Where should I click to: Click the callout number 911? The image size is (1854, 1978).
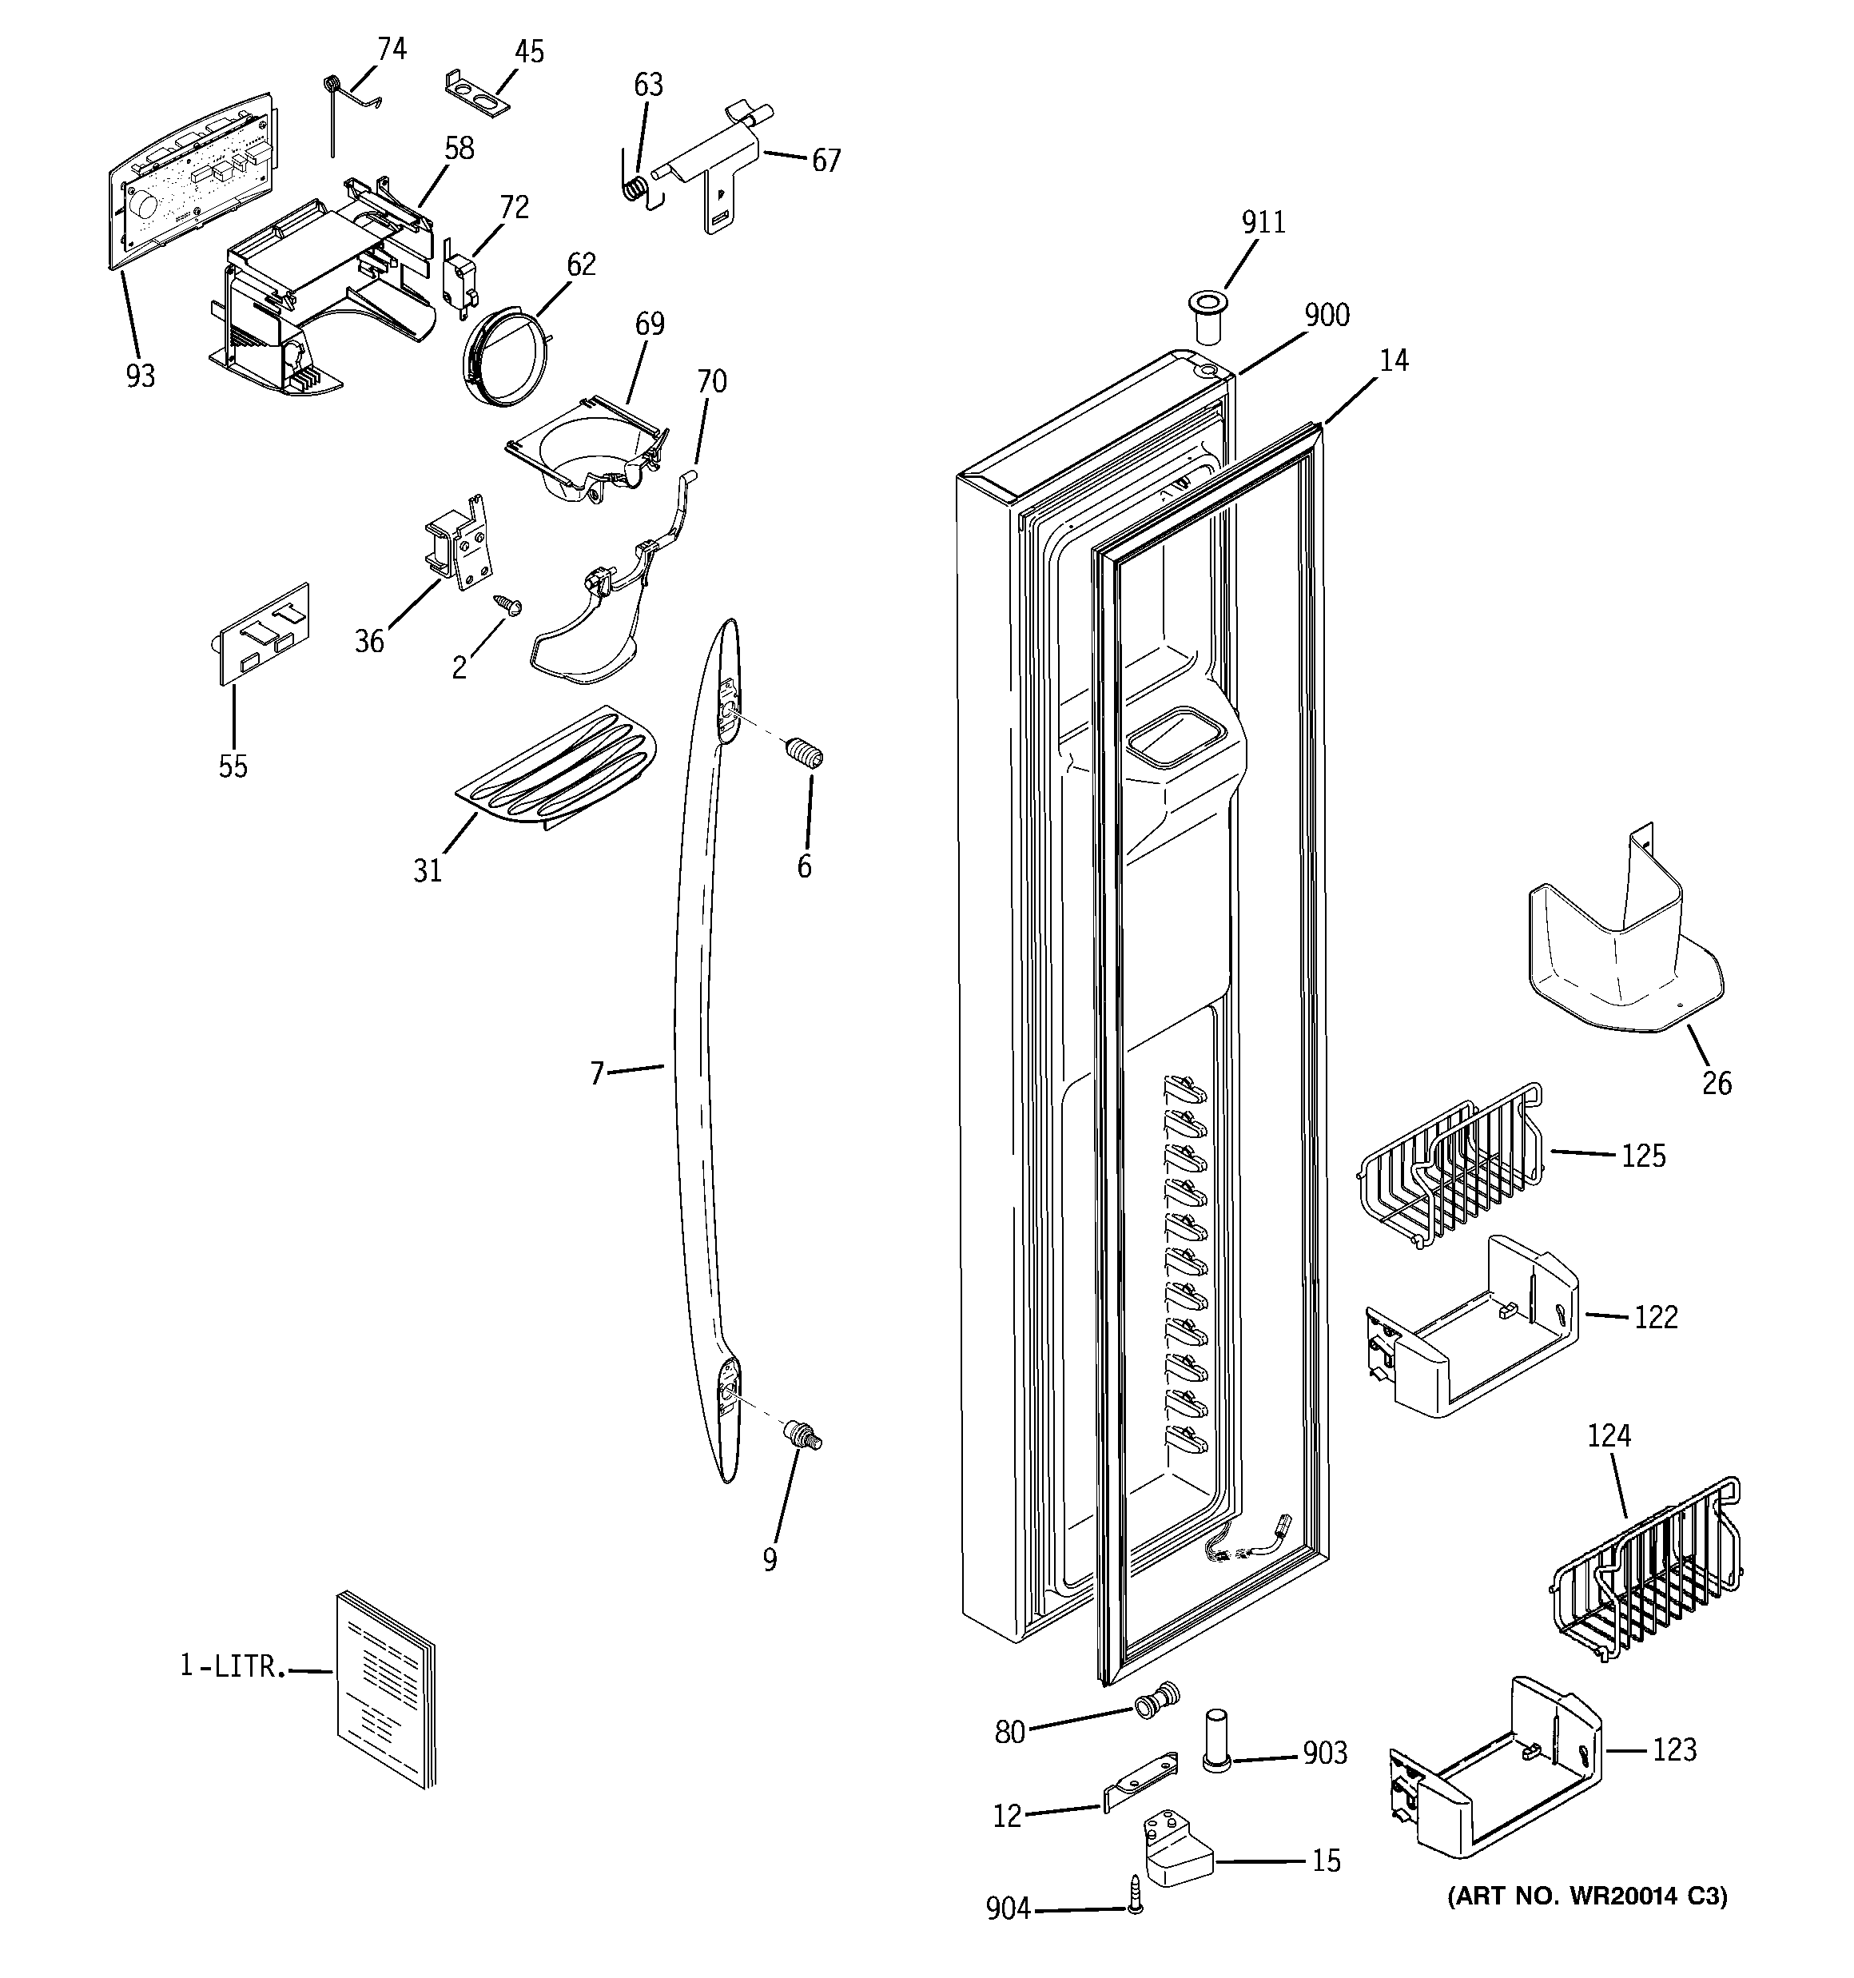pos(1263,222)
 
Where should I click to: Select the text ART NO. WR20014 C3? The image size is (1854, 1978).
pos(1586,1896)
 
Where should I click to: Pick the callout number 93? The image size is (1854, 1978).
pos(141,376)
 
